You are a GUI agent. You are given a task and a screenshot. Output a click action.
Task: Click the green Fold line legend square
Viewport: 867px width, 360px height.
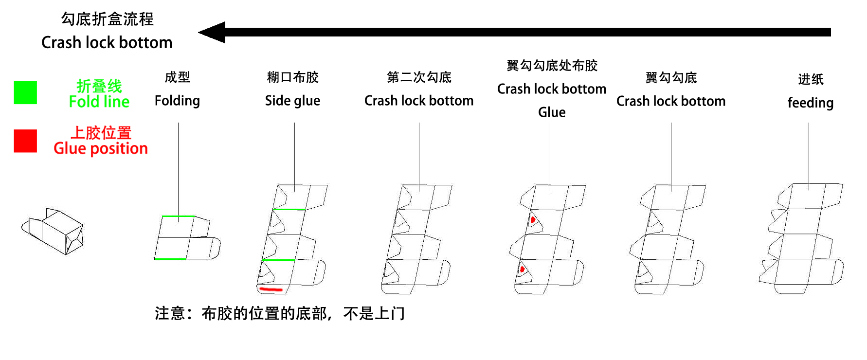25,92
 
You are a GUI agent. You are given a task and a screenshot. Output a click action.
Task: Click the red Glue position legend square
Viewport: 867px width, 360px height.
25,141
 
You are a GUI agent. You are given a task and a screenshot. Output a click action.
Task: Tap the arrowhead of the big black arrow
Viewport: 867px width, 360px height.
213,33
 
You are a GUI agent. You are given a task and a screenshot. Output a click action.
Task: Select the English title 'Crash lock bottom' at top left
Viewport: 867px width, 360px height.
107,43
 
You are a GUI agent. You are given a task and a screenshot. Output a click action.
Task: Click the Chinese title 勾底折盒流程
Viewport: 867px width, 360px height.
107,19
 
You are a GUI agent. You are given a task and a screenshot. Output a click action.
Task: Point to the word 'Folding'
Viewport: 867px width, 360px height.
177,101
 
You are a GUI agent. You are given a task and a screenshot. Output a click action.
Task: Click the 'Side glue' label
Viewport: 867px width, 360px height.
292,101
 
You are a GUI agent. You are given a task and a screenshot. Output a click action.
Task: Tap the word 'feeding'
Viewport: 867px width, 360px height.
810,103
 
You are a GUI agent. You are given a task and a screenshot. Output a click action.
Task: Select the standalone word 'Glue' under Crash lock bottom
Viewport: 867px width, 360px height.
552,112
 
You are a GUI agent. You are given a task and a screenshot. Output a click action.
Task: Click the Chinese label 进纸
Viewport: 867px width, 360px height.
811,79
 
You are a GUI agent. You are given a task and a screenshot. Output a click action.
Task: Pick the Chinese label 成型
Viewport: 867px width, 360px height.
177,77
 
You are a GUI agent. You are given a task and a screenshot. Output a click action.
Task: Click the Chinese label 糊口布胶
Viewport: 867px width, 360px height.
292,77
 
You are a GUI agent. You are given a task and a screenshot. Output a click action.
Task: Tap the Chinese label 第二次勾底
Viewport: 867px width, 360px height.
419,77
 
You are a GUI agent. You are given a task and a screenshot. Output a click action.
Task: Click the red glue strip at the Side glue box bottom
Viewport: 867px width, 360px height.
271,289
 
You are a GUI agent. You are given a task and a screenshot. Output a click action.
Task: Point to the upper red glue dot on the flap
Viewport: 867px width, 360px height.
533,220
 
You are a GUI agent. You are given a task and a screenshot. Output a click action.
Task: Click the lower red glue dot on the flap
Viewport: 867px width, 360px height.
522,269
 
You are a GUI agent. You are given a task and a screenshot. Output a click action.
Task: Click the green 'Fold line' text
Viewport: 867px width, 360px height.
99,101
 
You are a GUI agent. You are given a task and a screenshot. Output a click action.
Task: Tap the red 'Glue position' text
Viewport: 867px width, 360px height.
101,148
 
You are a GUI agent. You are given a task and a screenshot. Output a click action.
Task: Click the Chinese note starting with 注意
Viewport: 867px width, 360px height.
280,314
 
